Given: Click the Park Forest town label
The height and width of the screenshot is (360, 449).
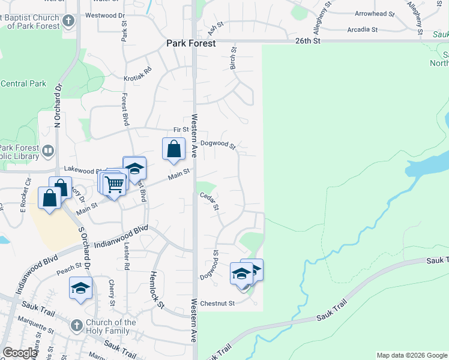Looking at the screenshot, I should click(x=191, y=43).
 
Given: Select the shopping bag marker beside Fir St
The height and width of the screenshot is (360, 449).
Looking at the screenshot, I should click(x=173, y=149).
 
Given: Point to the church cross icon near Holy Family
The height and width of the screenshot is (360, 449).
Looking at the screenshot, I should click(x=76, y=326).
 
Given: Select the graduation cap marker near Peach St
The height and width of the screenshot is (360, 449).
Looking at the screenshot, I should click(x=80, y=288).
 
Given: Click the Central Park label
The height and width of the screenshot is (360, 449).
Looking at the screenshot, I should click(x=23, y=84).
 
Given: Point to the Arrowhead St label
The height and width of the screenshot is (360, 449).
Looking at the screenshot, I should click(x=374, y=13).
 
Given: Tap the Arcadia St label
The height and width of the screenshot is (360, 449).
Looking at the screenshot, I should click(x=362, y=29).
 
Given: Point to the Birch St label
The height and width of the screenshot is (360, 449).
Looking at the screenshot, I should click(x=233, y=59).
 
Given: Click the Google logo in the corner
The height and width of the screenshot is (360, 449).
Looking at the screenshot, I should click(x=20, y=353).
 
